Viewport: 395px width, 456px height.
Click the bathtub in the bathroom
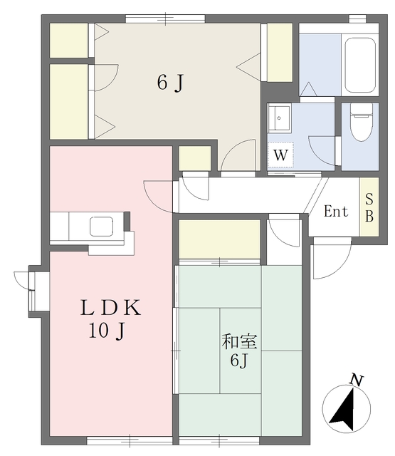pos(360,65)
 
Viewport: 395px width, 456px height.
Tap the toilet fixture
pos(362,122)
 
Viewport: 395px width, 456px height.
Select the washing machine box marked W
pos(280,155)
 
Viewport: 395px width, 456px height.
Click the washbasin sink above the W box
pos(279,118)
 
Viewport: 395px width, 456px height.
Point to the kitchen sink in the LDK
pos(101,227)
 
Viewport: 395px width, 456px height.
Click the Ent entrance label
pos(336,212)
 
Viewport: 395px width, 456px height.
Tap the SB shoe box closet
pos(369,207)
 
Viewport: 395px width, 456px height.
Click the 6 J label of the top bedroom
pos(171,83)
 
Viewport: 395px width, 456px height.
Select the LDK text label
pos(110,308)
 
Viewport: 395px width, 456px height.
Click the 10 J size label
pos(107,331)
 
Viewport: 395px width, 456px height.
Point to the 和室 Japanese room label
pos(239,342)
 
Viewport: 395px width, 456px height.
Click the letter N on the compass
pos(357,380)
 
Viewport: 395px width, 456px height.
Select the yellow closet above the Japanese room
pos(219,239)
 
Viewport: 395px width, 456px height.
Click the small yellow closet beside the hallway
pos(194,158)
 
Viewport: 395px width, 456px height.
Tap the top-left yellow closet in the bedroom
pos(69,41)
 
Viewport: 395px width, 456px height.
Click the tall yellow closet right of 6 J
pos(280,52)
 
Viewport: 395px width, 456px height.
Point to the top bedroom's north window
pos(165,19)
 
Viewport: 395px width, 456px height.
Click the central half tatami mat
pos(241,351)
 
